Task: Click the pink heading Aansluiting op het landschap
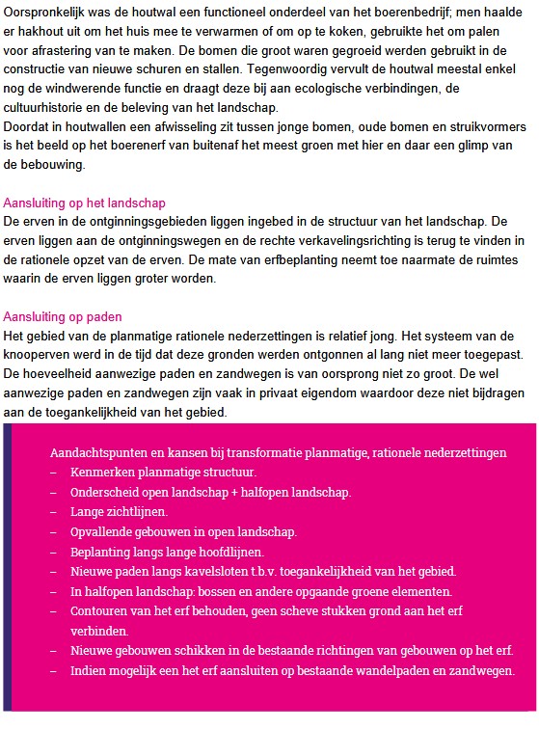pos(85,203)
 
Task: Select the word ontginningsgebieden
pos(128,222)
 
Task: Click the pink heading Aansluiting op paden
pos(63,316)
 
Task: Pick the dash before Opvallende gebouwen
pos(53,531)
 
